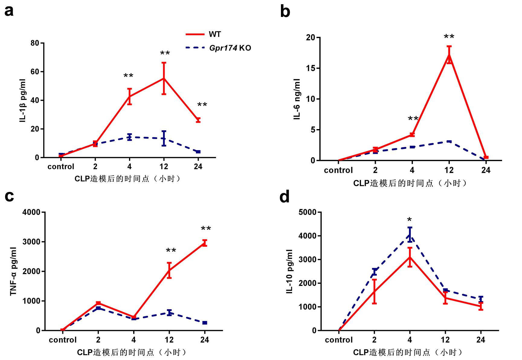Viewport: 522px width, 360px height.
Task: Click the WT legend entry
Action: (215, 34)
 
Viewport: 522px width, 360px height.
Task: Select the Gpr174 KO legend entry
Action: (230, 48)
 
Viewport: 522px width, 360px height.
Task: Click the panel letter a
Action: (9, 11)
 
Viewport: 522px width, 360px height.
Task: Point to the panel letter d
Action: (285, 197)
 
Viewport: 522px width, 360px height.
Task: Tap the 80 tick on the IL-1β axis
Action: (35, 43)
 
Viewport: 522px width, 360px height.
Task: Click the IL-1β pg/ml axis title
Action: (23, 101)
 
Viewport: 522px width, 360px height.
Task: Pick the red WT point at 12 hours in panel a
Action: (164, 79)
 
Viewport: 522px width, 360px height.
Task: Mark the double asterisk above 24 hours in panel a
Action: (202, 105)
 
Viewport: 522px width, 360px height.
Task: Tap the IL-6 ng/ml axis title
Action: (297, 99)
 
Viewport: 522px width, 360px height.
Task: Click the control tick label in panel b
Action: (338, 170)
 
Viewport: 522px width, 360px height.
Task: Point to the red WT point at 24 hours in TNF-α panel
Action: (205, 243)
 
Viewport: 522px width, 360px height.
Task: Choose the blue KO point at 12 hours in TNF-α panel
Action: (169, 313)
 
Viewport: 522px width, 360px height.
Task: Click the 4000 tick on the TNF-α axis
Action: (31, 212)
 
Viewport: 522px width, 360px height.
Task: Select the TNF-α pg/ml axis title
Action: (13, 271)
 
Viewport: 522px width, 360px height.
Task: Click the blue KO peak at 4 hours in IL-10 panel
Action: (410, 235)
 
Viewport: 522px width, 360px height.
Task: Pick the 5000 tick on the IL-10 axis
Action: (308, 212)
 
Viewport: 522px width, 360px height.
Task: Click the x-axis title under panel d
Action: (408, 352)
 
